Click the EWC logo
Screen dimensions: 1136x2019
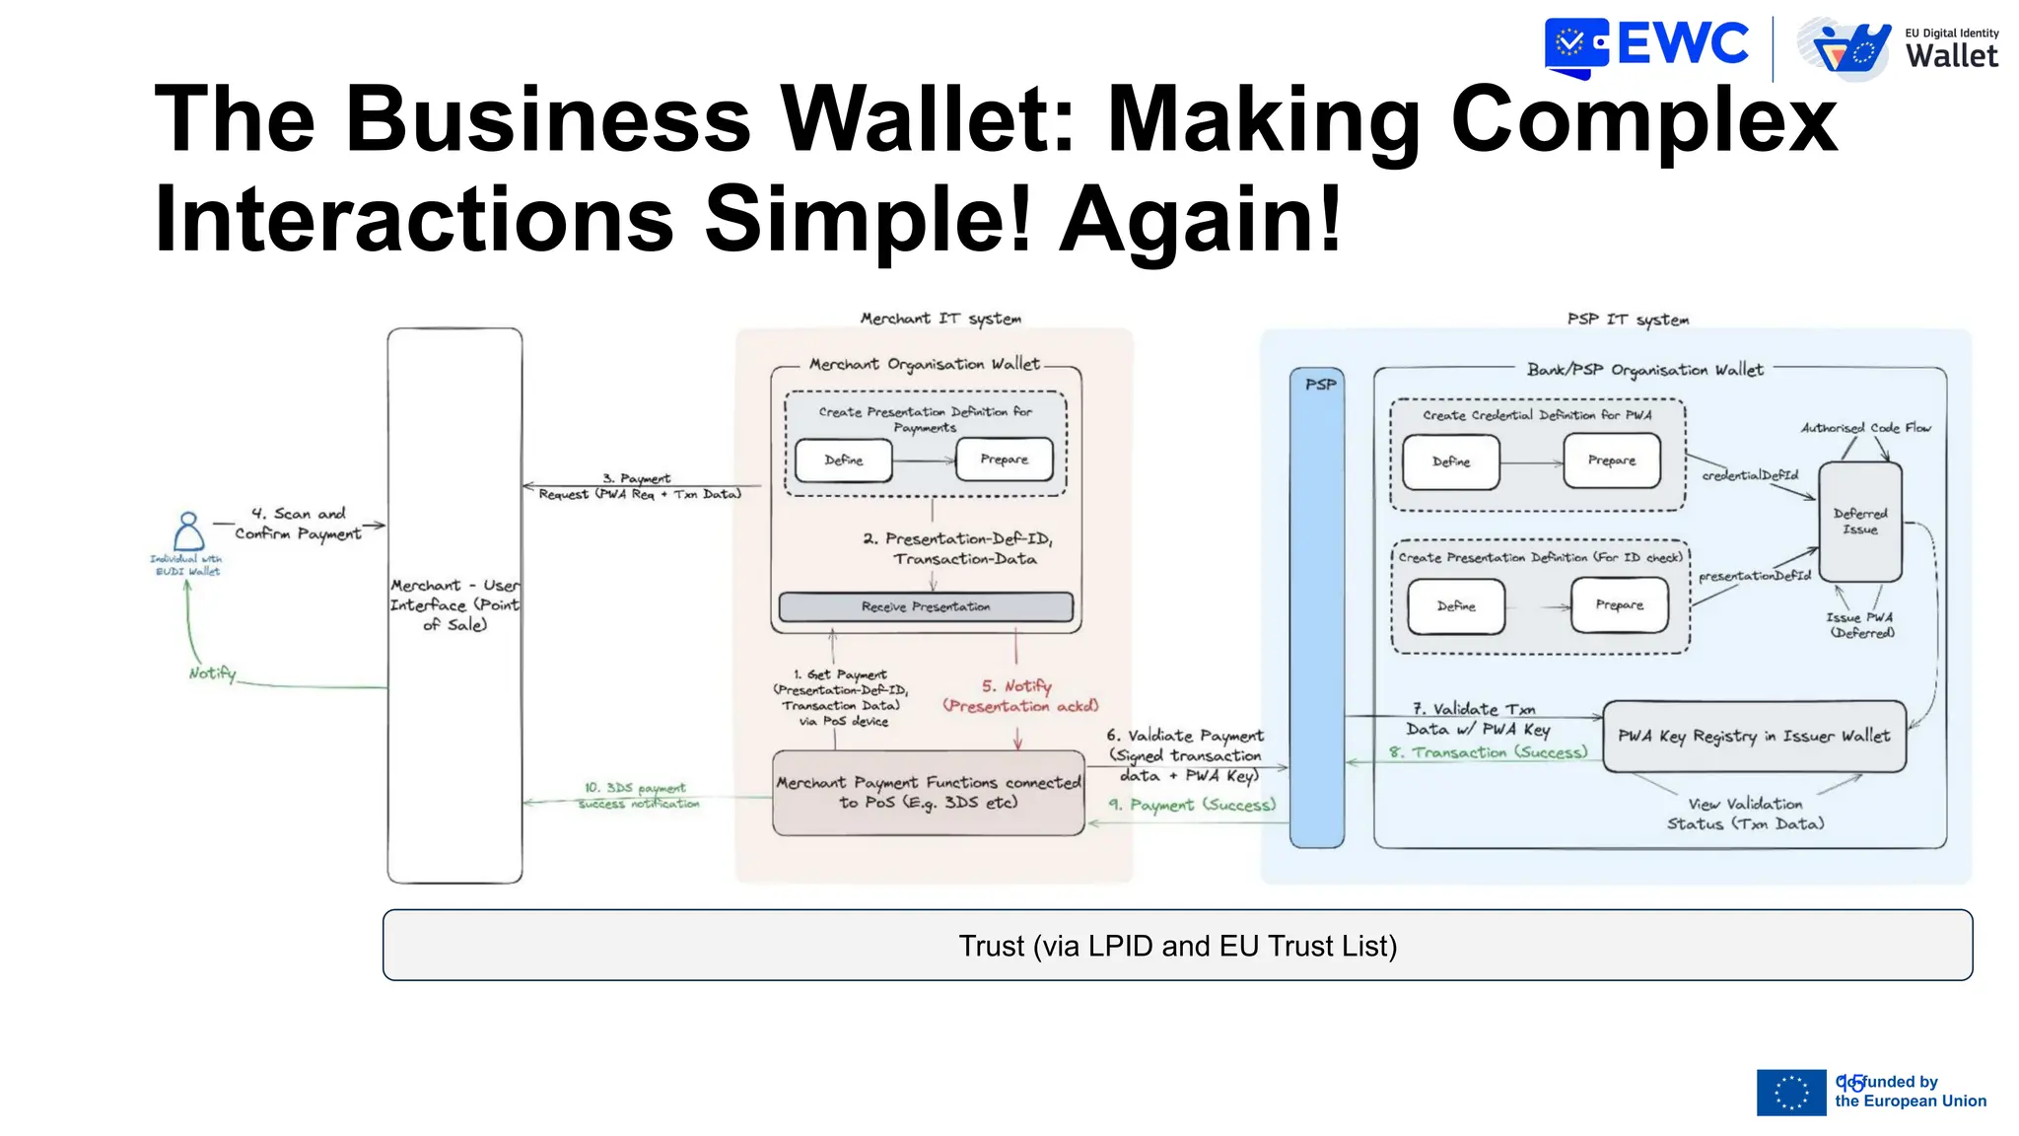click(x=1646, y=46)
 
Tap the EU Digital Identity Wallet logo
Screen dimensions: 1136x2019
click(x=1898, y=48)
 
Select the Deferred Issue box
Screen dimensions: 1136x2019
click(x=1859, y=522)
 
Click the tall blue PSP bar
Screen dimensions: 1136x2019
click(x=1317, y=611)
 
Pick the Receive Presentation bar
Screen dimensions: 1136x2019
click(x=926, y=606)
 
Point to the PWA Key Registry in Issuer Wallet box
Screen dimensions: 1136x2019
click(x=1754, y=737)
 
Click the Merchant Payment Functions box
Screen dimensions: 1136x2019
click(x=928, y=793)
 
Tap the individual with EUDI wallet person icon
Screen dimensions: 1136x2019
click(x=188, y=532)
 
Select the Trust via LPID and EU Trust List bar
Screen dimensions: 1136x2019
click(x=1177, y=946)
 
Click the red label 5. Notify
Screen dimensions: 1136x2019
click(x=1016, y=686)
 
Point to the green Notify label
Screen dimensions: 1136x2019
click(x=212, y=674)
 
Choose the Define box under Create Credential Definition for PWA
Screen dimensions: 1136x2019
click(x=1451, y=461)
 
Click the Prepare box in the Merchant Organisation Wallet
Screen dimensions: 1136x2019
click(x=1004, y=460)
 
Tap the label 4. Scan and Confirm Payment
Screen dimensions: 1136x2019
click(x=298, y=524)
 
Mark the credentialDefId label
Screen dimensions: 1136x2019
click(x=1750, y=475)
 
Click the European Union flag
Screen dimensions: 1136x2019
click(x=1790, y=1093)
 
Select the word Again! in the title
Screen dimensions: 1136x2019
click(x=1200, y=219)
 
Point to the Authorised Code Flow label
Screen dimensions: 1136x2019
click(x=1865, y=428)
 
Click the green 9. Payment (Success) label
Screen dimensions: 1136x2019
click(x=1192, y=806)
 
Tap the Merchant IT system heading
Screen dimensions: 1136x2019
click(x=940, y=319)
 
